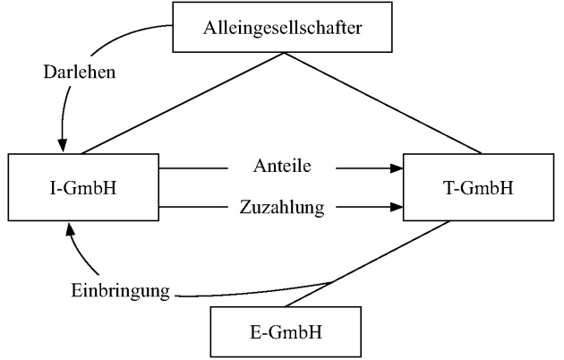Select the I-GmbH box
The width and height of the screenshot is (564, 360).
pyautogui.click(x=81, y=188)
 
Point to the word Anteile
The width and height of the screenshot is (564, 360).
pyautogui.click(x=282, y=167)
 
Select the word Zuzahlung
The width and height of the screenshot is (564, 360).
pyautogui.click(x=281, y=208)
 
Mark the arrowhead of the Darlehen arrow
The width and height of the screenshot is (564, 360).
pyautogui.click(x=62, y=144)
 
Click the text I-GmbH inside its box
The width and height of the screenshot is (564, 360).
pyautogui.click(x=81, y=188)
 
